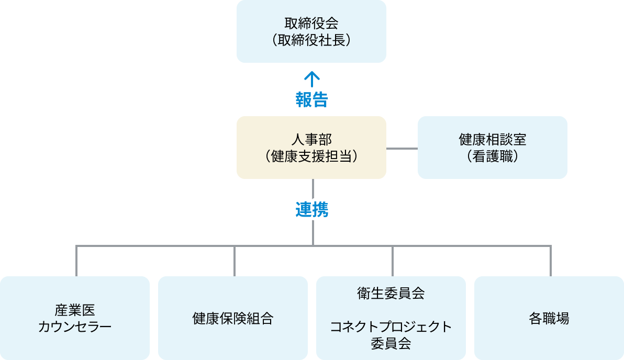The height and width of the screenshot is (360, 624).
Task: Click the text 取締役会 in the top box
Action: (311, 24)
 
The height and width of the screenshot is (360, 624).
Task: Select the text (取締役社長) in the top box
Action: (311, 40)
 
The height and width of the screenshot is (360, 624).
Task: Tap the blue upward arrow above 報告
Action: (312, 79)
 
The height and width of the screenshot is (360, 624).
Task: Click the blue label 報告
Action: (311, 99)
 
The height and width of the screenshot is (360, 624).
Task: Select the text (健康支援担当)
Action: (311, 156)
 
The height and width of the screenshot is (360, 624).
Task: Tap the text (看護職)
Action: (492, 156)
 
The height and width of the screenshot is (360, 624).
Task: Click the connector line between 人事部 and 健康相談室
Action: (402, 149)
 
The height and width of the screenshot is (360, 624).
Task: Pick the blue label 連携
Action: (312, 210)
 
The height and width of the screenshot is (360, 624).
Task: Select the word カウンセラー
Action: (75, 327)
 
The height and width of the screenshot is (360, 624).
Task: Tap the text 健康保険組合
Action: (233, 318)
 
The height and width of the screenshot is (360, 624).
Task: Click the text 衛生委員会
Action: (391, 294)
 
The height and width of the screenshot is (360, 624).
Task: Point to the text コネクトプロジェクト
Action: (391, 327)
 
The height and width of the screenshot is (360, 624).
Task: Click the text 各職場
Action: (549, 318)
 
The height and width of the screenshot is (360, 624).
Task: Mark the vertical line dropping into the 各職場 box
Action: (551, 261)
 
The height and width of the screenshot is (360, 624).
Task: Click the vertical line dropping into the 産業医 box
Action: (76, 261)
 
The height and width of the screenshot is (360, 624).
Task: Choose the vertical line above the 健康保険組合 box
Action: (235, 261)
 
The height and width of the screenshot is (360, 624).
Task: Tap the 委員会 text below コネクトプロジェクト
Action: (391, 343)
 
